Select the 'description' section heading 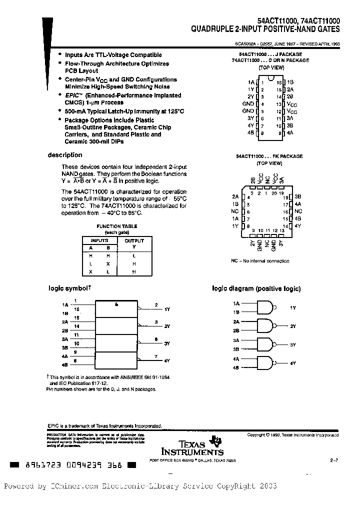click(x=65, y=155)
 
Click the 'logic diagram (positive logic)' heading click(x=256, y=288)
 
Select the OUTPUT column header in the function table click(x=134, y=240)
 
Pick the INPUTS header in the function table click(x=99, y=240)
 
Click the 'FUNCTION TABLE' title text click(x=116, y=226)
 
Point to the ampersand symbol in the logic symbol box click(x=116, y=303)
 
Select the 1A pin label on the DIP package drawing click(x=250, y=81)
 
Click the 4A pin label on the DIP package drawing click(x=290, y=132)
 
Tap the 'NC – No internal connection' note click(x=259, y=260)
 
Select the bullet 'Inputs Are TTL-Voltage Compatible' click(x=113, y=55)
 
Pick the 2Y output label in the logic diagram click(x=293, y=326)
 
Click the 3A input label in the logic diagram click(x=236, y=340)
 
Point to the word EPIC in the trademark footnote click(x=53, y=426)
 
